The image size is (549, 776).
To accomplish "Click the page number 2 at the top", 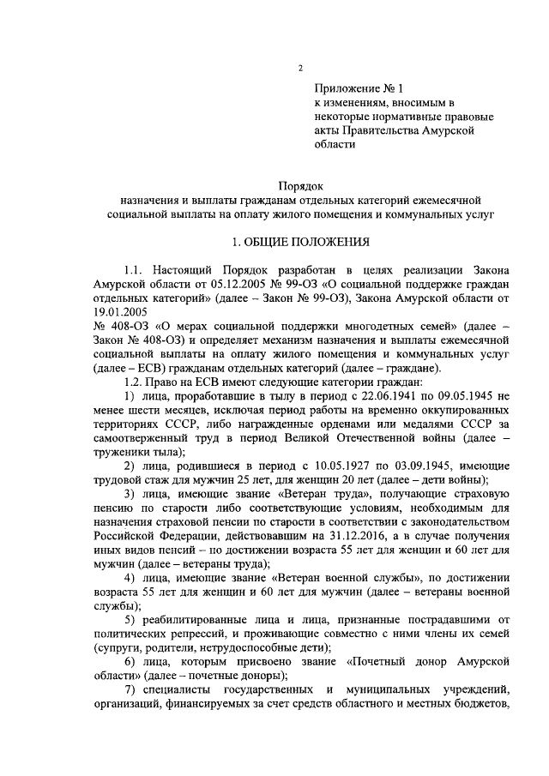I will click(x=299, y=69).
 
